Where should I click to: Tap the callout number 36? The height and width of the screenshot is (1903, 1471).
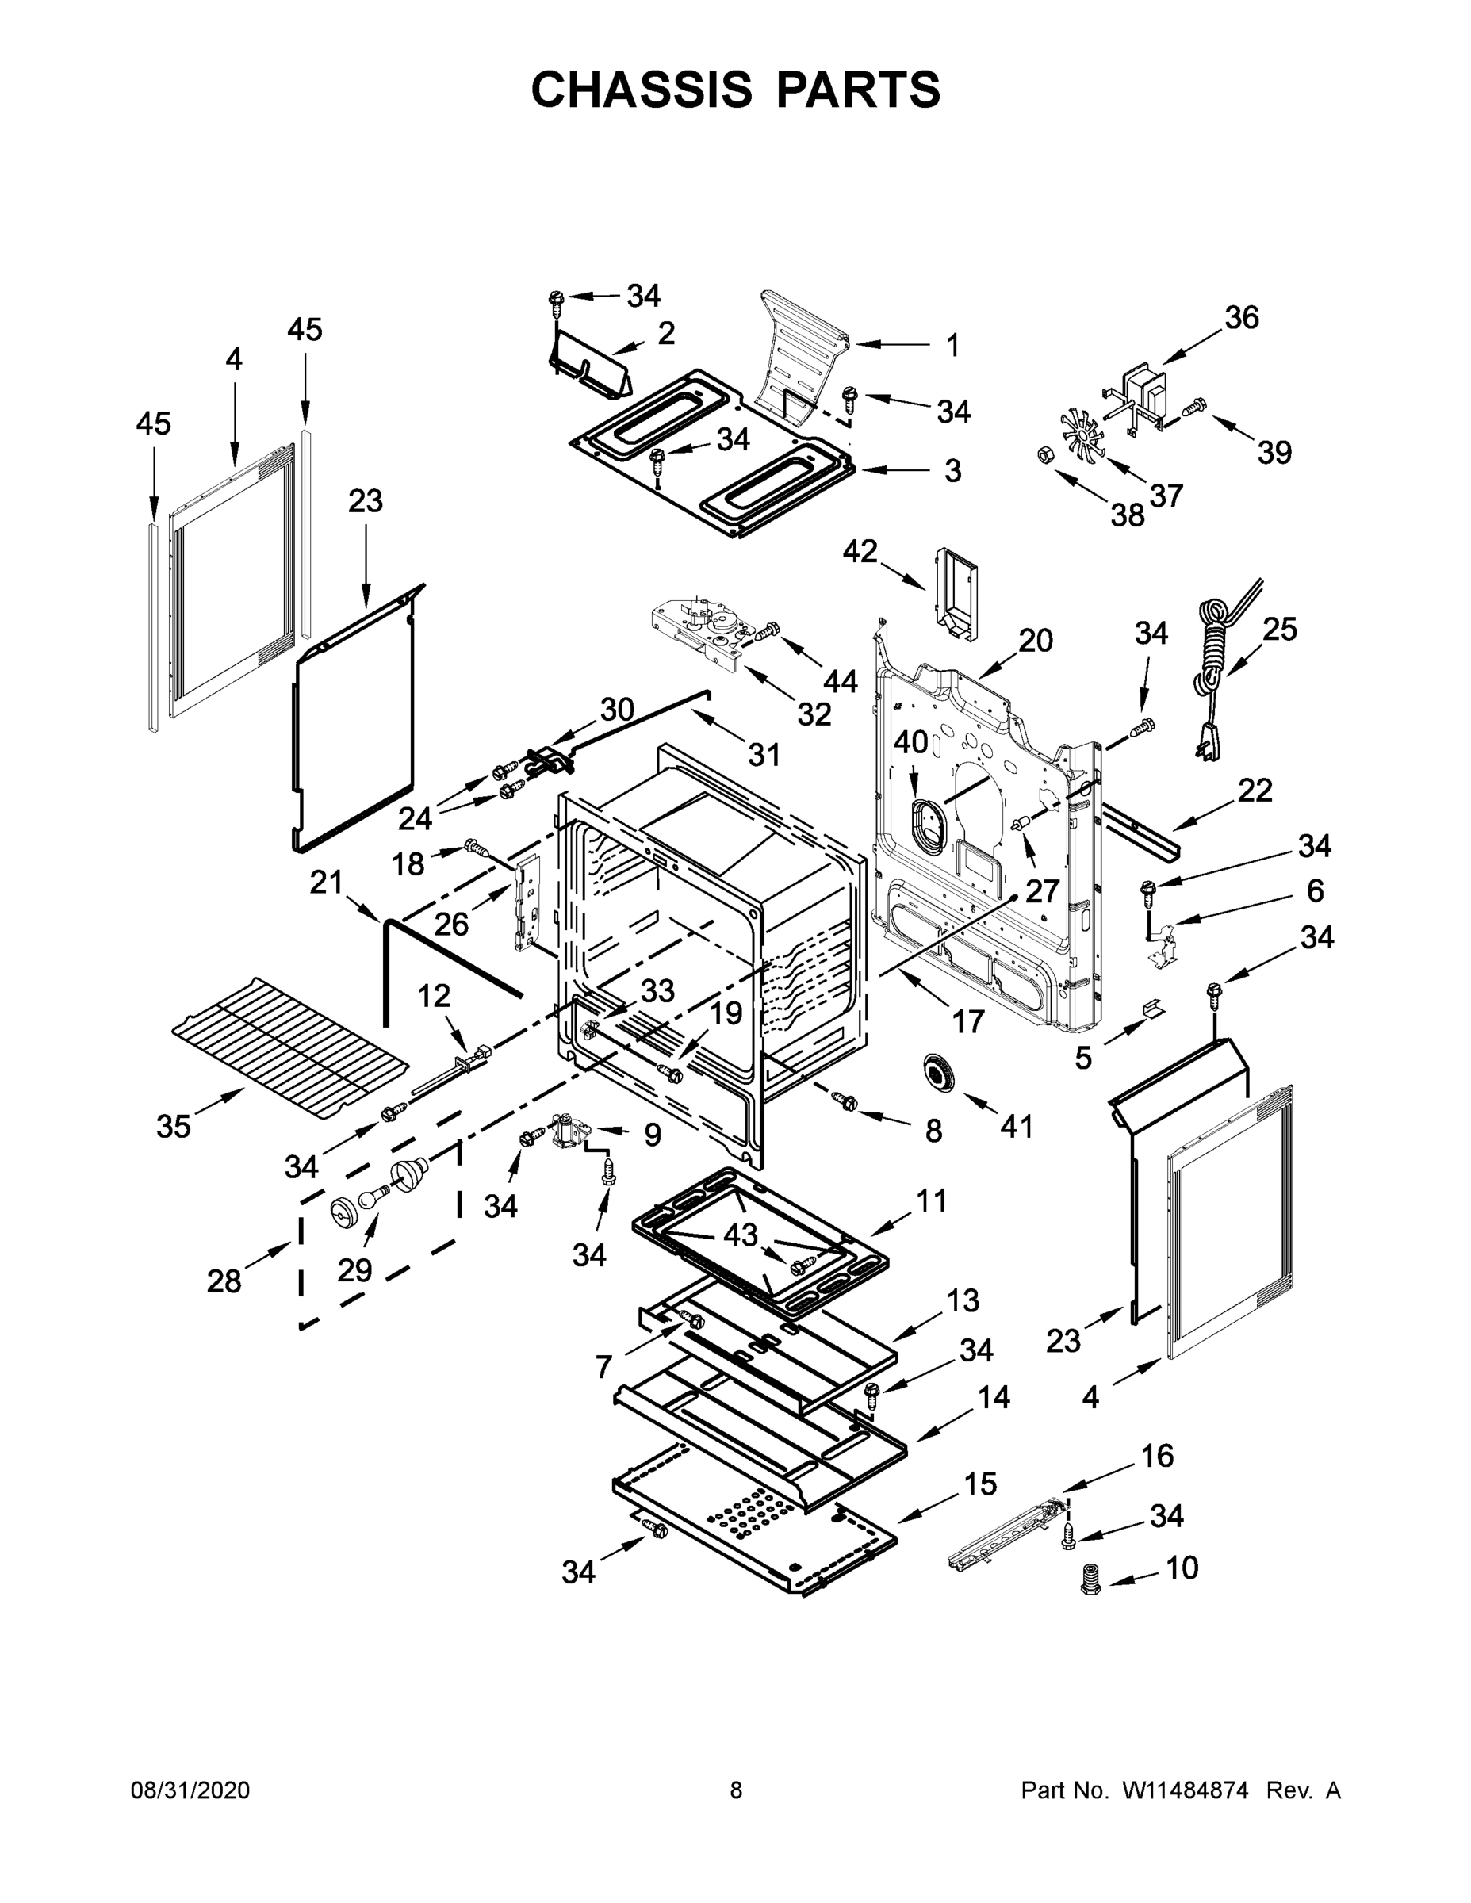(x=1242, y=317)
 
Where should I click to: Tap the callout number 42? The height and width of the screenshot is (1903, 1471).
(x=860, y=551)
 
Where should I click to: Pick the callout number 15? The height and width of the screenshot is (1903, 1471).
(x=980, y=1483)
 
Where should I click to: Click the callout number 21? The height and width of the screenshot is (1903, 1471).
(x=326, y=882)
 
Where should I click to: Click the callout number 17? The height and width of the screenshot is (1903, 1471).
(x=967, y=1020)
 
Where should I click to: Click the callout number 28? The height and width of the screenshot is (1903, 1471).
(x=223, y=1281)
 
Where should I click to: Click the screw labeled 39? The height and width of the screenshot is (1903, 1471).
(x=1196, y=406)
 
